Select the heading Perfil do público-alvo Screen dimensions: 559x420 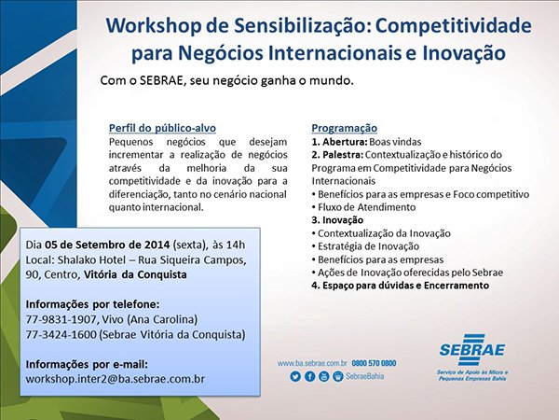(162, 128)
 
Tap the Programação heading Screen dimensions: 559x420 (345, 128)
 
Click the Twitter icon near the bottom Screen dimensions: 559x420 (295, 376)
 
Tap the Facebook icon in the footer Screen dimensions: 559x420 (309, 376)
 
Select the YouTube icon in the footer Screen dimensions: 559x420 (323, 376)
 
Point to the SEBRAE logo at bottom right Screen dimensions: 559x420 (472, 357)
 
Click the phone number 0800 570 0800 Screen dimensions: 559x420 (374, 363)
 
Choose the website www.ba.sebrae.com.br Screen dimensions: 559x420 (312, 363)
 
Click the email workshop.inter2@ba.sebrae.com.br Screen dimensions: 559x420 (116, 379)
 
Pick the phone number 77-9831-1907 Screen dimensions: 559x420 (61, 319)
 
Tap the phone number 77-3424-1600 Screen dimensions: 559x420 (61, 334)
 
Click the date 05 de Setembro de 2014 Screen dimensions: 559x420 (107, 245)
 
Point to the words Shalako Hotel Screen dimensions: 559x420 (91, 259)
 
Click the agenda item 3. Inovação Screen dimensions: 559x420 (337, 220)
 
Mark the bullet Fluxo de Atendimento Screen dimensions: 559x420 (367, 207)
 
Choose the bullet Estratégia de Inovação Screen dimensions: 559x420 (369, 246)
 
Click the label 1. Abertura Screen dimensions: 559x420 (339, 142)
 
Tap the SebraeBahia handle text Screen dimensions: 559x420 (364, 376)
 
